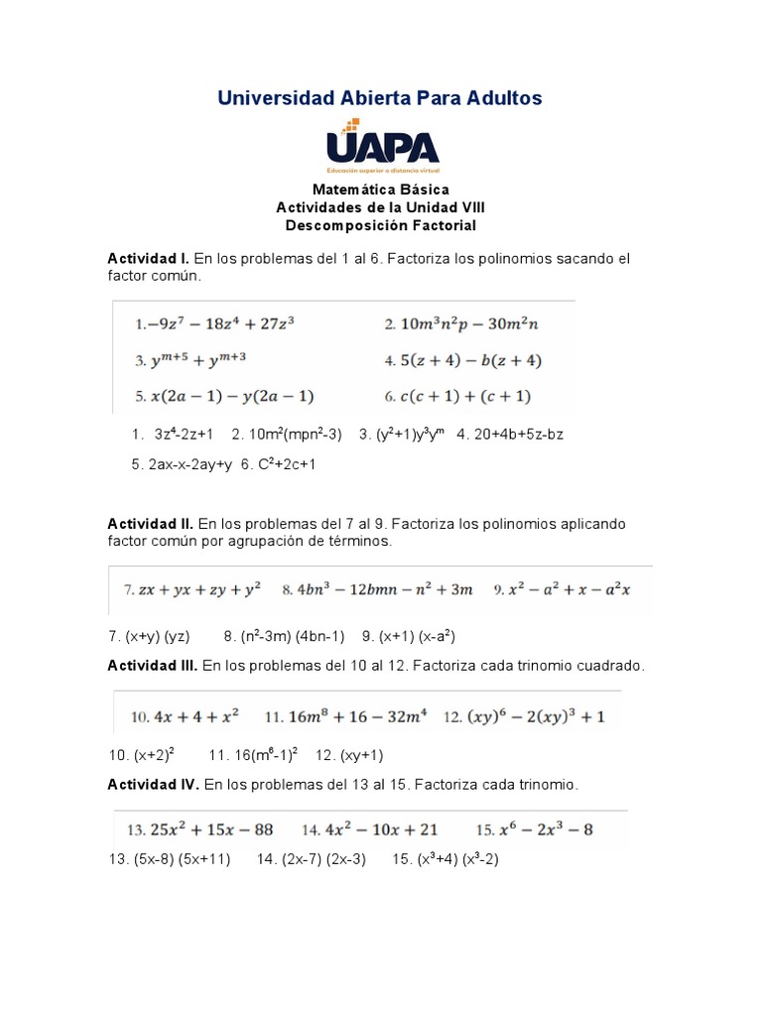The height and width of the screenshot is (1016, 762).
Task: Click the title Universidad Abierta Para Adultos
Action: click(380, 98)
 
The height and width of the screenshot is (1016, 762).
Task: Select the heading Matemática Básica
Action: click(380, 190)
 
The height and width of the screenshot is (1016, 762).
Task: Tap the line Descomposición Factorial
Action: click(380, 225)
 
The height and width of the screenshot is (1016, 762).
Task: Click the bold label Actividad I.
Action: click(148, 259)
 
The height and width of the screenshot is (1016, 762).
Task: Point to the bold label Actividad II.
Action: click(150, 524)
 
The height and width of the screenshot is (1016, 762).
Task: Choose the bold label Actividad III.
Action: click(153, 667)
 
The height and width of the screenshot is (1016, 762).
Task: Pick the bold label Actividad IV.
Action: click(154, 785)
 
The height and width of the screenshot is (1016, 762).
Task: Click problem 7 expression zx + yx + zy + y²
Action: click(191, 589)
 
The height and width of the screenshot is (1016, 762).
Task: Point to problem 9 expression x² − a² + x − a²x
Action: click(562, 589)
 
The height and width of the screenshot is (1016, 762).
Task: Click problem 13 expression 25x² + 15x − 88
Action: click(198, 829)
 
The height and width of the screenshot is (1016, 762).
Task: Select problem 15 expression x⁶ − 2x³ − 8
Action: click(534, 829)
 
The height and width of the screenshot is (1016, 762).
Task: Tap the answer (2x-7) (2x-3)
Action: click(311, 859)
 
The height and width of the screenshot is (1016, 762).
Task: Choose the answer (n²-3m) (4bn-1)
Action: click(284, 636)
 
